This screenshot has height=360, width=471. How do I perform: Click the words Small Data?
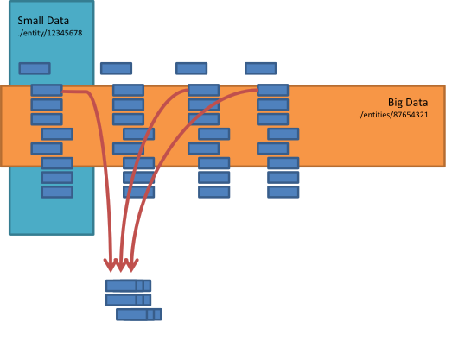pos(43,21)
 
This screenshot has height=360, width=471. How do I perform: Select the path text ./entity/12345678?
pos(50,33)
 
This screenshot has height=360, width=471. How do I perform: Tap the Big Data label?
pos(408,103)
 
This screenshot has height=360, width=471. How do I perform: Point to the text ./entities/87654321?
pos(393,115)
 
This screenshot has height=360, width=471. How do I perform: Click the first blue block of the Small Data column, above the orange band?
pos(35,68)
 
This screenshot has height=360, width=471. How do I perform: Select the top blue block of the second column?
pos(117,68)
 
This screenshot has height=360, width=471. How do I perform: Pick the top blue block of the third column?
pos(191,68)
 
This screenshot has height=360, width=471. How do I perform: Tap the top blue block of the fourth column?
pos(260,68)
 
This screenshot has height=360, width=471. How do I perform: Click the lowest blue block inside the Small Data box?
pos(57,192)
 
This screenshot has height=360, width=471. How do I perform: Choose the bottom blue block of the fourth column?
pos(283,192)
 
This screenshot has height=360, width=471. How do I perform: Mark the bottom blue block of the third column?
pos(213,192)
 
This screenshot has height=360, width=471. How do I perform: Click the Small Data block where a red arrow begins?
pos(47,90)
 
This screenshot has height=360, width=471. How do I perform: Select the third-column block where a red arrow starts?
pos(203,90)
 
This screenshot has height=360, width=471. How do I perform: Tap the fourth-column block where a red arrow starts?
pos(272,90)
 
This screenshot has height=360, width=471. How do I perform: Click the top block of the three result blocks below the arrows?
pos(128,286)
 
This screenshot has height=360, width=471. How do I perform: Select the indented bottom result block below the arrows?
pos(139,314)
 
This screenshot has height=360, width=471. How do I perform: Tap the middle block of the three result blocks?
pos(128,300)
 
